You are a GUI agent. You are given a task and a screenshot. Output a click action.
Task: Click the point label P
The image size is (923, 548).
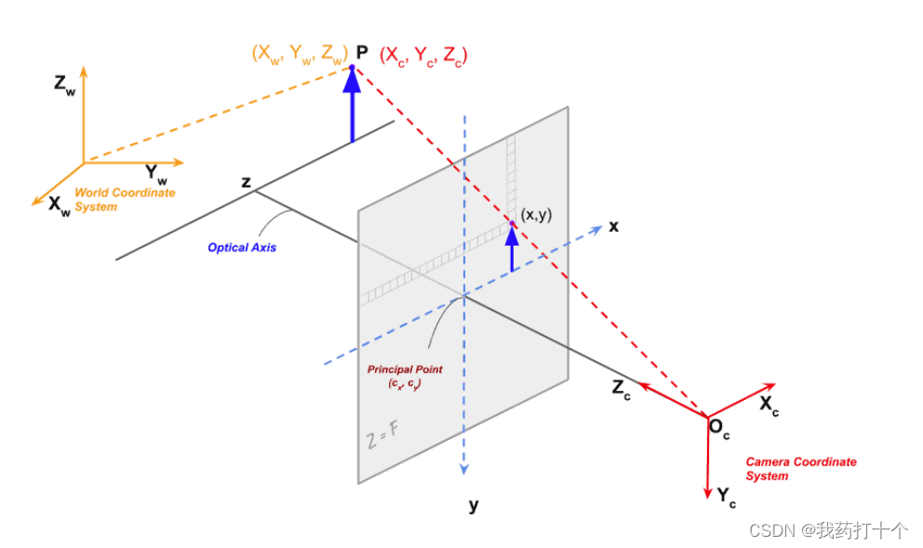361,53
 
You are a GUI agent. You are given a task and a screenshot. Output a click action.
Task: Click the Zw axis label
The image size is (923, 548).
64,85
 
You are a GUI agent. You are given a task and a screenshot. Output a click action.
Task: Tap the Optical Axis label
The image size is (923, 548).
241,247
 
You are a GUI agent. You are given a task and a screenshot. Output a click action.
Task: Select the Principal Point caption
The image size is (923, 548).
405,376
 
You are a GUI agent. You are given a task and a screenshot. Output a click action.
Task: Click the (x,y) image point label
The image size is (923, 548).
536,215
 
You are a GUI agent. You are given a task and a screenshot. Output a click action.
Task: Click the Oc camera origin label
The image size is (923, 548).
719,429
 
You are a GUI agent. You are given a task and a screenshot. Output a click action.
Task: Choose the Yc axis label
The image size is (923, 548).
727,496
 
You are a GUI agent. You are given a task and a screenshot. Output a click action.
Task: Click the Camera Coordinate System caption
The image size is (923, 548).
800,469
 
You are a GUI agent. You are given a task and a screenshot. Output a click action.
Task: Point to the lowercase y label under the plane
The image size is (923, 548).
473,505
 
